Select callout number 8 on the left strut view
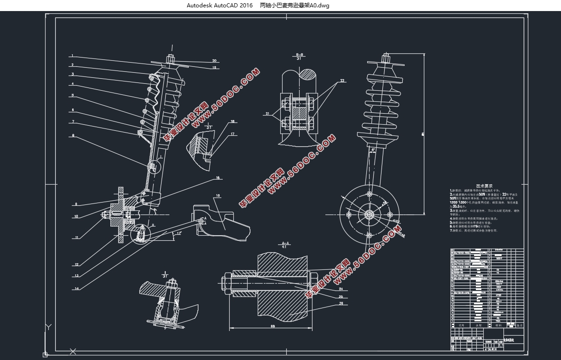click(x=73, y=136)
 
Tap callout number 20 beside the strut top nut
click(x=214, y=61)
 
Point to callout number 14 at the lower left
click(x=76, y=289)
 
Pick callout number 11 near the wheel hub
click(x=76, y=238)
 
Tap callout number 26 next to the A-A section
click(x=341, y=303)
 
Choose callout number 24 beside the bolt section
click(x=341, y=289)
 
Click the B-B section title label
click(x=299, y=54)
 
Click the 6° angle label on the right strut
click(x=373, y=150)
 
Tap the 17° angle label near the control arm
click(x=179, y=233)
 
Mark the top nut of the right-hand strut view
click(x=386, y=58)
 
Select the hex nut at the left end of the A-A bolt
click(x=228, y=280)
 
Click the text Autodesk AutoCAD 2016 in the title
click(x=220, y=6)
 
